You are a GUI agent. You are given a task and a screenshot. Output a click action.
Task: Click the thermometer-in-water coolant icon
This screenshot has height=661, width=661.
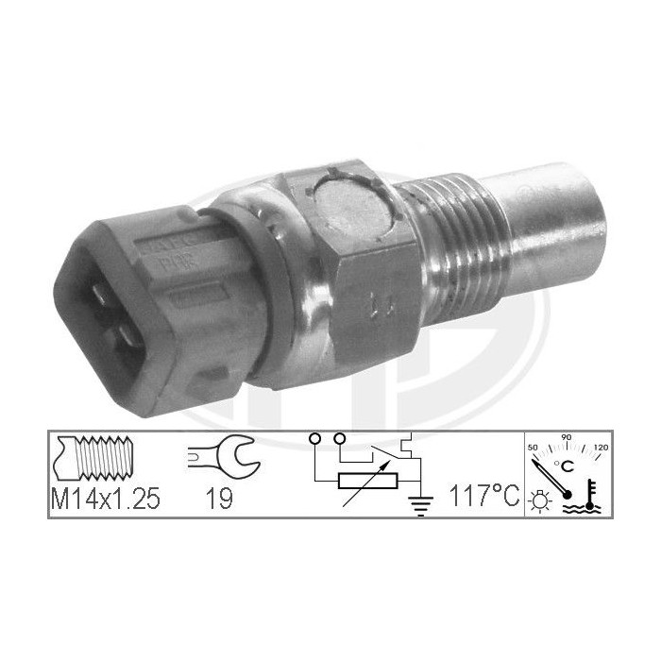(585, 497)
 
